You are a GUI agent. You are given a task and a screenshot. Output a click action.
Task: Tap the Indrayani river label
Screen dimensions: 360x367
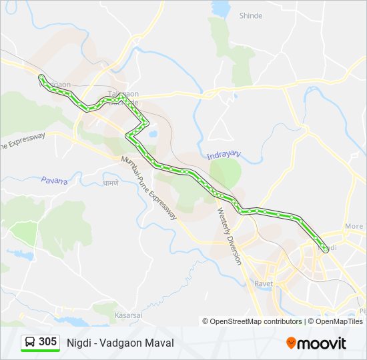(224, 155)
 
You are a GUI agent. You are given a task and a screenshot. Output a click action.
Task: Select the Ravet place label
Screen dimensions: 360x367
(264, 283)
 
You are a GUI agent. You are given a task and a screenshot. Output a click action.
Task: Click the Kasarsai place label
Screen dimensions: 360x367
(127, 313)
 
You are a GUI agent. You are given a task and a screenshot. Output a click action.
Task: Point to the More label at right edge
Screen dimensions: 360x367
(354, 227)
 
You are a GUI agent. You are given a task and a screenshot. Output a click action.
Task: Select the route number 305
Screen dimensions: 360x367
(47, 342)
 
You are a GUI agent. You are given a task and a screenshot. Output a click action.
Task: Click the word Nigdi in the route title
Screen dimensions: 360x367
(79, 343)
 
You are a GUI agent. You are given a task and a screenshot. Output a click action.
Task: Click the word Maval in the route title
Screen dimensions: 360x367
(161, 343)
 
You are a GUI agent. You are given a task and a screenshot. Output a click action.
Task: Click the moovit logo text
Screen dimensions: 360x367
(322, 343)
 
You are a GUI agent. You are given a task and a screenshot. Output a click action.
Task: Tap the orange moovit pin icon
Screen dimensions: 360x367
(291, 343)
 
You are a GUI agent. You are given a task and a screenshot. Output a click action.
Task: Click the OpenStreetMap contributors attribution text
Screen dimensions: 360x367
(256, 321)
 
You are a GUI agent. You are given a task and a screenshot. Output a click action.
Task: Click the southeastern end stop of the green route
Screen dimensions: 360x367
(325, 250)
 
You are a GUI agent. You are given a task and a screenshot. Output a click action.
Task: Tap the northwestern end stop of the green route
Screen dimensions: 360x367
(41, 77)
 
